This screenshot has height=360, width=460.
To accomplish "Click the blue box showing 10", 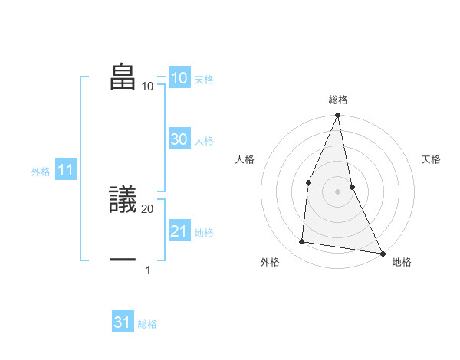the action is pyautogui.click(x=179, y=78).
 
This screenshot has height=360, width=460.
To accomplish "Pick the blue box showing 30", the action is pyautogui.click(x=179, y=139).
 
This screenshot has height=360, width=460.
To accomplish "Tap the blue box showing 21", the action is pyautogui.click(x=179, y=231).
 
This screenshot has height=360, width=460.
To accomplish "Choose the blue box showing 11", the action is pyautogui.click(x=65, y=171).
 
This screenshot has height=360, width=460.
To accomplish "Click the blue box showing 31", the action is pyautogui.click(x=123, y=322).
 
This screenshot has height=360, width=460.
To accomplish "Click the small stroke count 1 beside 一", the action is pyautogui.click(x=148, y=270).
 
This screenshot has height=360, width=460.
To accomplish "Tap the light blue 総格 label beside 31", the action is pyautogui.click(x=147, y=324).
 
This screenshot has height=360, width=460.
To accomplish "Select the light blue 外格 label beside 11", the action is pyautogui.click(x=41, y=172).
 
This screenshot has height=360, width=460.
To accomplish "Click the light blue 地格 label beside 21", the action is pyautogui.click(x=204, y=233).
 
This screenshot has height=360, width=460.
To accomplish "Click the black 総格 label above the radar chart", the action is pyautogui.click(x=338, y=100).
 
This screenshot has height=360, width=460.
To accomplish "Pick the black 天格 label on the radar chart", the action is pyautogui.click(x=432, y=159).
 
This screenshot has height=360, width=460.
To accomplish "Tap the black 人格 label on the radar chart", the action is pyautogui.click(x=245, y=159).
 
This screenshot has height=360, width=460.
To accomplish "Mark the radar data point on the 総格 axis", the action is pyautogui.click(x=338, y=116).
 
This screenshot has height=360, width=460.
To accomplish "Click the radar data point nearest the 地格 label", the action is pyautogui.click(x=382, y=253).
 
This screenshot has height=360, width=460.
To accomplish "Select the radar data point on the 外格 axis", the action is pyautogui.click(x=302, y=242).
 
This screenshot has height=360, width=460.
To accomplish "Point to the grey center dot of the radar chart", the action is pyautogui.click(x=338, y=191).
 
